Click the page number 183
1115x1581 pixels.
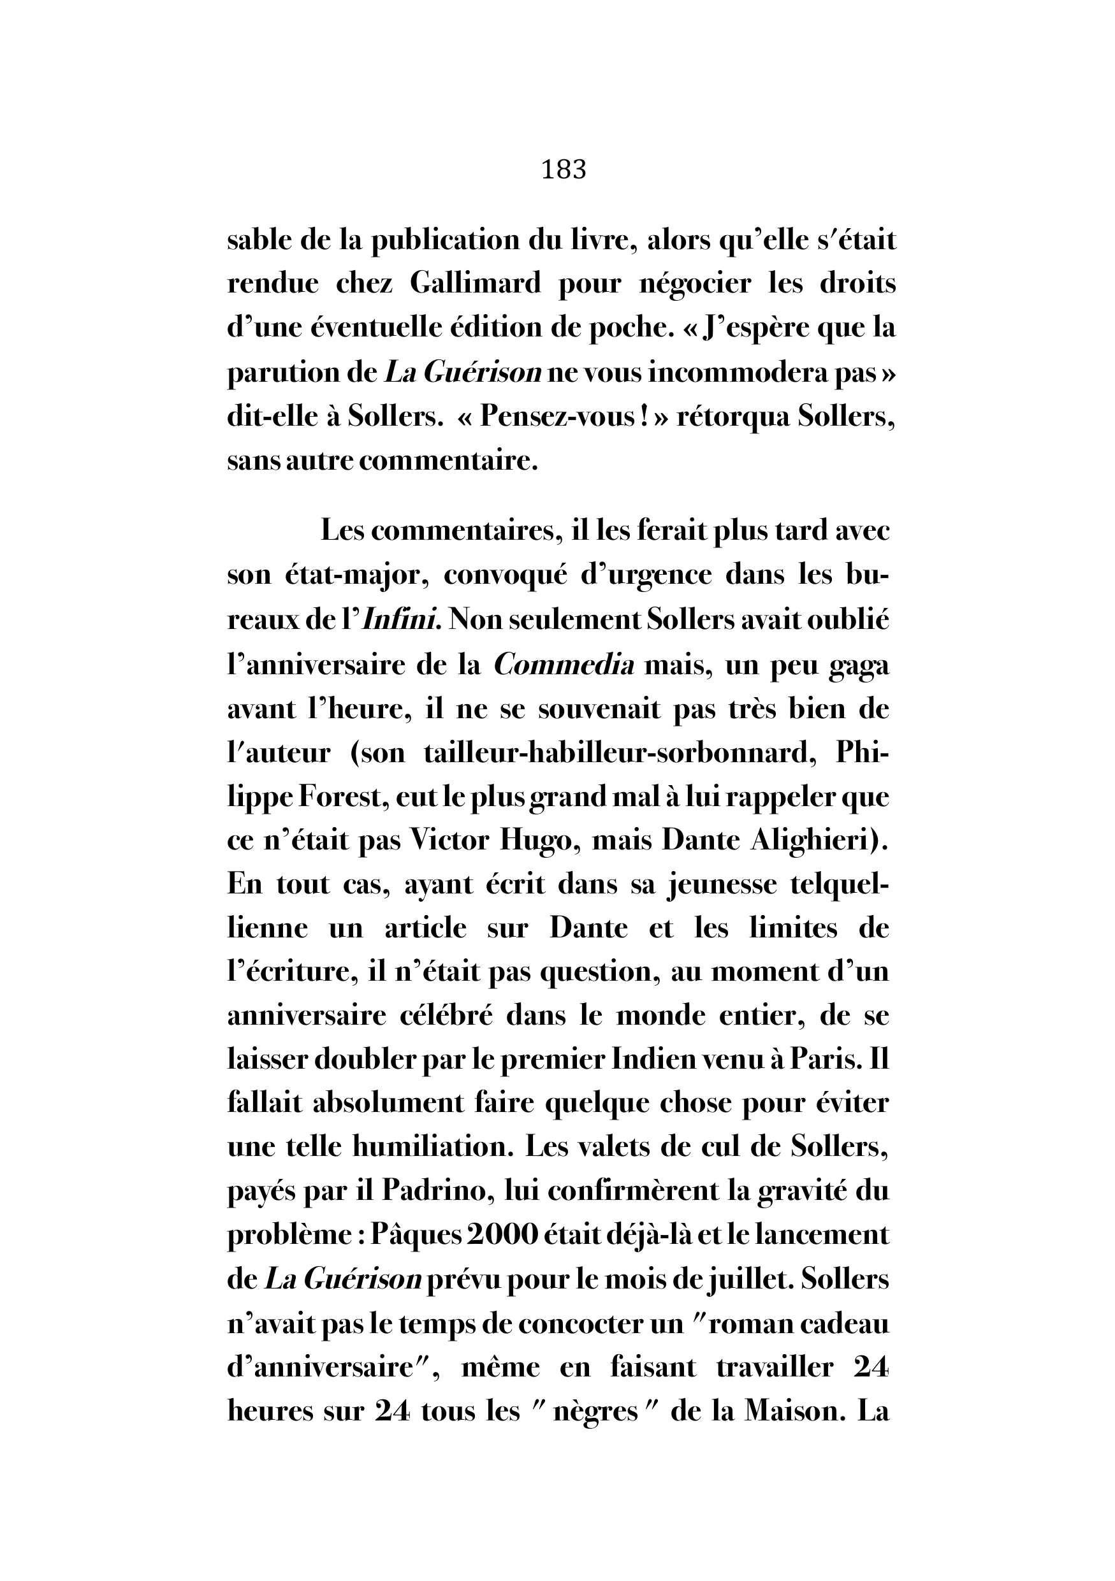(564, 170)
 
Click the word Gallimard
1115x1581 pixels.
(475, 284)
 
